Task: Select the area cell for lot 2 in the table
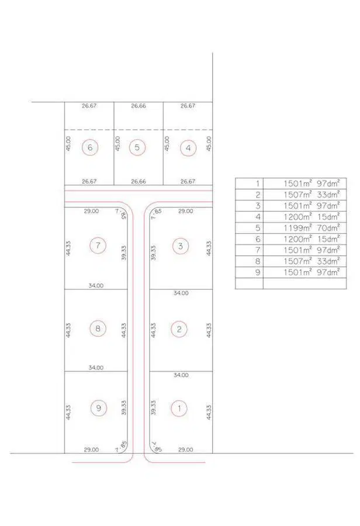click(304, 195)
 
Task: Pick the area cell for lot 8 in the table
click(304, 261)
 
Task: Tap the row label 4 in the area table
click(258, 217)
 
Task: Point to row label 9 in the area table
click(258, 272)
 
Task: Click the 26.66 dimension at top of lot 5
click(139, 106)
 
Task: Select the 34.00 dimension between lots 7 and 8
click(96, 285)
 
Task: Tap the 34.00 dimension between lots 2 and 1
click(181, 375)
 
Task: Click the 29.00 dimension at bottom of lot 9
click(91, 449)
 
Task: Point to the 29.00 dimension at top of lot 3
click(185, 211)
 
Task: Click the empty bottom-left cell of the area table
click(250, 283)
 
